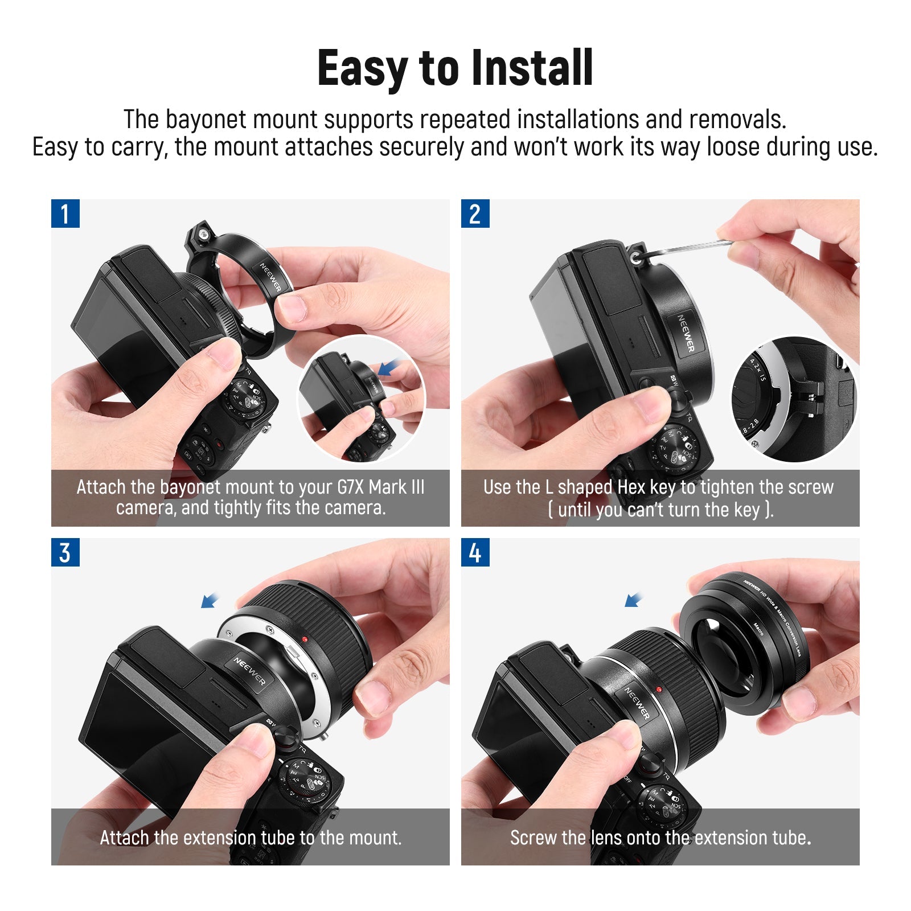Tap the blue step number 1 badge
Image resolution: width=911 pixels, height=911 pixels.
coord(65,214)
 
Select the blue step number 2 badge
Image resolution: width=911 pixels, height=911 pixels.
coord(475,214)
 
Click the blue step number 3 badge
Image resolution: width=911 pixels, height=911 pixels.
coord(65,552)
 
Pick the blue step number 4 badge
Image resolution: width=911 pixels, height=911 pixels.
coord(475,552)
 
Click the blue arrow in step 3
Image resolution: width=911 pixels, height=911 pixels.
coord(210,600)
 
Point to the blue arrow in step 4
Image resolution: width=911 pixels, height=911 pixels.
coord(633,600)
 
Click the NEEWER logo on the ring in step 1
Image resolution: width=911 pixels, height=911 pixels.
coord(271,277)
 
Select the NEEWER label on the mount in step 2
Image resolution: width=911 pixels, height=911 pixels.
coord(686,333)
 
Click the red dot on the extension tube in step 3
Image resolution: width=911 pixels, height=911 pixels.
coord(305,639)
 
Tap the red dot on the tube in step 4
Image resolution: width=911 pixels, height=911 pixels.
coord(659,690)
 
